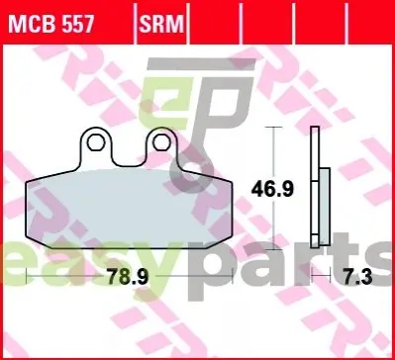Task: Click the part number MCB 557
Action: [51, 24]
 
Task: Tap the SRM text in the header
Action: [161, 24]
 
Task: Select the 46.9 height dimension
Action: [272, 190]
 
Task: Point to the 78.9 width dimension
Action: [128, 277]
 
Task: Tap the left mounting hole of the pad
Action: [96, 142]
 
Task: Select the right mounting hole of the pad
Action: [161, 142]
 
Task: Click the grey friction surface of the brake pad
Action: [129, 209]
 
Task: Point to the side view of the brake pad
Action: [321, 187]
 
